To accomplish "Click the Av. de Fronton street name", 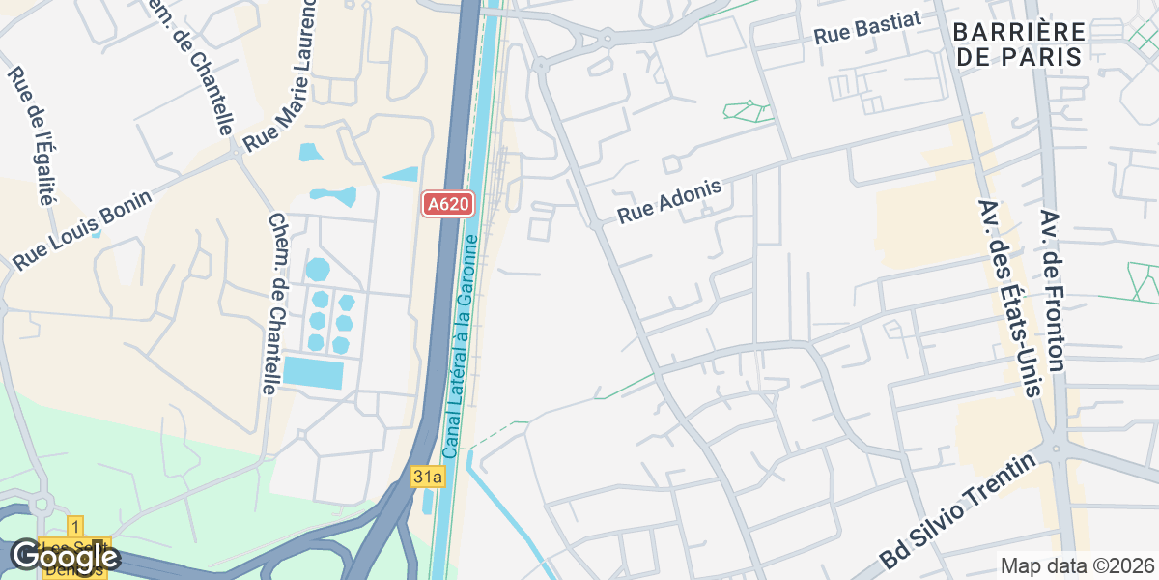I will pos(1053,289).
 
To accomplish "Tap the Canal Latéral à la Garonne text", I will pos(461,346).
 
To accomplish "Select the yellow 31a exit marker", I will pos(426,477).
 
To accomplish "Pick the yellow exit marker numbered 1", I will pos(75,527).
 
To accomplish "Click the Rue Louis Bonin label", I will pos(83,230).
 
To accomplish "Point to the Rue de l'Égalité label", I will pos(31,135).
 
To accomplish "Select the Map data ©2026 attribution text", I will pos(1076,565).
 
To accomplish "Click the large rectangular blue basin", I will pos(313,372).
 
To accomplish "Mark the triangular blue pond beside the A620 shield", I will pos(401,174).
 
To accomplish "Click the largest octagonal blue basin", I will pos(317,268).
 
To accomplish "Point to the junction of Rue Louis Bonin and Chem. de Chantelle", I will pos(237,153).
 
